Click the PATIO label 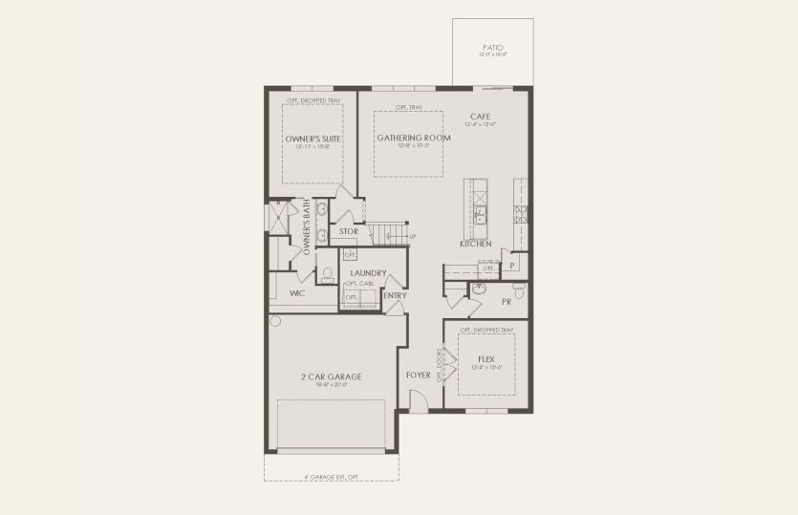[x=492, y=47]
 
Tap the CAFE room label [x=479, y=117]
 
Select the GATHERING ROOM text [x=407, y=138]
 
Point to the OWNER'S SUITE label [x=313, y=139]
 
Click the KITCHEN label [x=475, y=245]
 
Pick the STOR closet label [x=349, y=231]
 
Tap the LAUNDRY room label [x=367, y=273]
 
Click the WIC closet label [x=297, y=294]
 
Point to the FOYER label [x=419, y=376]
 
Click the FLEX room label [x=485, y=359]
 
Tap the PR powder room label [x=507, y=302]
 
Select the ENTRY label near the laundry [x=395, y=295]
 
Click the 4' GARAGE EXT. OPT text [x=331, y=476]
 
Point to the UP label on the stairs [x=412, y=236]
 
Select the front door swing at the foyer [x=418, y=404]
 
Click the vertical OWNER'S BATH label [x=307, y=232]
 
